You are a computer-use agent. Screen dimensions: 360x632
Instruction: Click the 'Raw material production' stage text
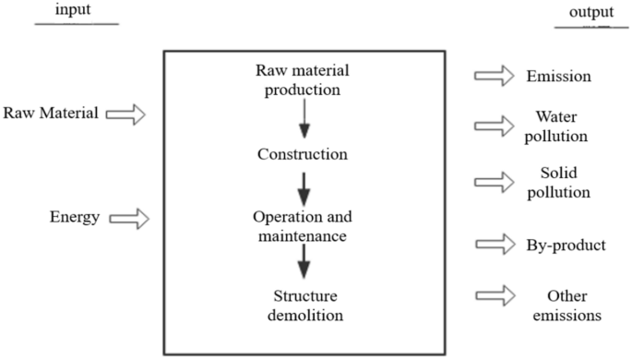[x=304, y=80]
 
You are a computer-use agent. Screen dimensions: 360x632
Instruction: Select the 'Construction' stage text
[x=304, y=153]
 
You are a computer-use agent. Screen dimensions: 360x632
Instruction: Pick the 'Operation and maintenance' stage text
[x=304, y=226]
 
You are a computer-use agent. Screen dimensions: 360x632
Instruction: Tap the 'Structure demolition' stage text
[x=304, y=305]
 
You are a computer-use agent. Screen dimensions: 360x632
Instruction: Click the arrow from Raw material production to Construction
[x=304, y=119]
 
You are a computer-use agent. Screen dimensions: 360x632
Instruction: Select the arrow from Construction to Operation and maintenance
[x=304, y=192]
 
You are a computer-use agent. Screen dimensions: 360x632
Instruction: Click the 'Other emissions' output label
[x=565, y=305]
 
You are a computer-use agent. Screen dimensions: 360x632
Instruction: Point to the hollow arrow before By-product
[x=494, y=244]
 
